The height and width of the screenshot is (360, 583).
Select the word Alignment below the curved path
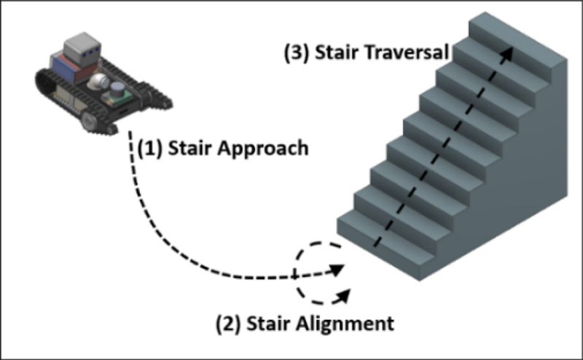click(x=349, y=322)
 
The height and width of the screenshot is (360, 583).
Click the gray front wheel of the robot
click(x=87, y=120)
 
